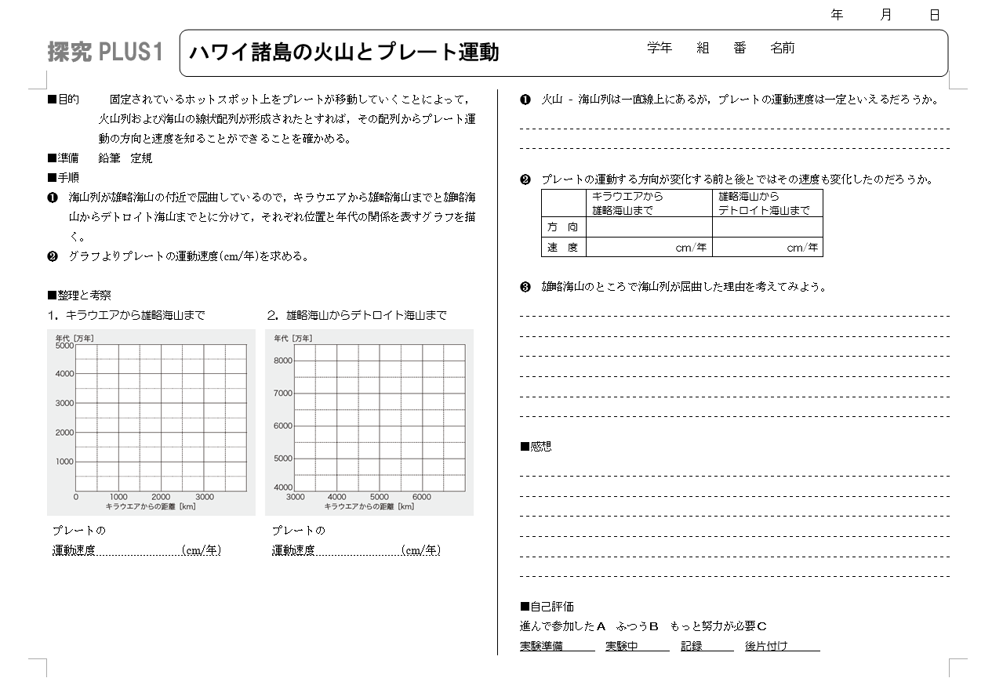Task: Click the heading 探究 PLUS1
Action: [x=105, y=53]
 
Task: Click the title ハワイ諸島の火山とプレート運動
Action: [x=344, y=53]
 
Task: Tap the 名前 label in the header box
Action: [x=782, y=48]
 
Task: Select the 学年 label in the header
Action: [x=660, y=48]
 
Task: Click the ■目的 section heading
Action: [x=64, y=100]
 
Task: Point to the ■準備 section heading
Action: [x=64, y=158]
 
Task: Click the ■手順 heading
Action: [x=64, y=177]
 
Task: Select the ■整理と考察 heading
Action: [x=79, y=296]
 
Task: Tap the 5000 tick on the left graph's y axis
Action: [x=64, y=345]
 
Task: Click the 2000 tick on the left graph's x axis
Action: [x=161, y=497]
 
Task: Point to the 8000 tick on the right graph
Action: [x=282, y=361]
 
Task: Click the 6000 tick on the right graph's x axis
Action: [x=421, y=497]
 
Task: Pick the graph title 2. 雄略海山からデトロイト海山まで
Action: [x=357, y=315]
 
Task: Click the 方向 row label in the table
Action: [x=563, y=227]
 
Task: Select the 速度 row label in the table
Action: [x=563, y=248]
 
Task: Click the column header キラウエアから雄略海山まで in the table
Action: [x=627, y=203]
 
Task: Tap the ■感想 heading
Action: [x=536, y=446]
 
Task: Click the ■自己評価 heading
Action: [x=547, y=607]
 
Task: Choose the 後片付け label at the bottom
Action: [x=766, y=646]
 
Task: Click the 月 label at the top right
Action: [x=886, y=15]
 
